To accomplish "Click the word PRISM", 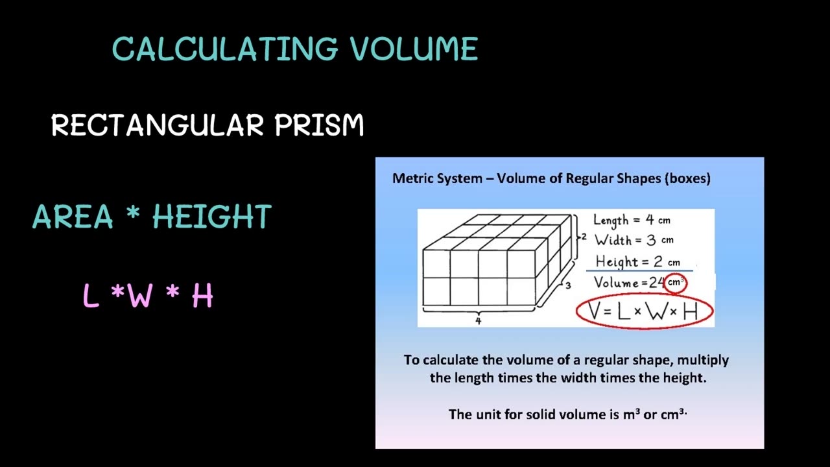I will tap(319, 125).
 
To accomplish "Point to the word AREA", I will tap(73, 217).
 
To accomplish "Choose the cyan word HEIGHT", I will tap(212, 217).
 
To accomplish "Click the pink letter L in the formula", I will tap(91, 296).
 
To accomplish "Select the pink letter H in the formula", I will tap(202, 296).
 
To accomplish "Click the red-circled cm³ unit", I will tap(676, 283).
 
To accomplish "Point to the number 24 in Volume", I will tap(657, 283).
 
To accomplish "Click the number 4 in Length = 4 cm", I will tap(649, 220).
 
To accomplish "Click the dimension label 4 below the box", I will tap(479, 321).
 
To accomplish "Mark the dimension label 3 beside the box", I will tap(567, 285).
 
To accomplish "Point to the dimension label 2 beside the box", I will tap(584, 237).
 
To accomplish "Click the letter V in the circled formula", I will tap(595, 312).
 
